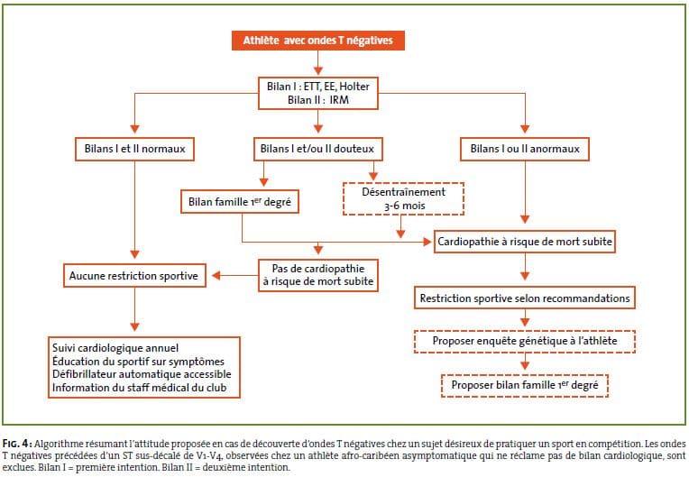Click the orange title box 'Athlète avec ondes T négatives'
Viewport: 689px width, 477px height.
pos(318,41)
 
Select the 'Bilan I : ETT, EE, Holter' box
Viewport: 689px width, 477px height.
pos(318,93)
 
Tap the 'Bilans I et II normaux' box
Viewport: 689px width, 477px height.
pos(135,149)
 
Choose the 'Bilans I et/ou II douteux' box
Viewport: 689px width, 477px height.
pos(317,149)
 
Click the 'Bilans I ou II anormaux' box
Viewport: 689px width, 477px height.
pos(525,149)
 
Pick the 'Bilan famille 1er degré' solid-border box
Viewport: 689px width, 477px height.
pos(240,202)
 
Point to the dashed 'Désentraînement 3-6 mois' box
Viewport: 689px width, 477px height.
pos(403,199)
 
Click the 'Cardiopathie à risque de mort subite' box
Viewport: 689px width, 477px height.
pos(525,242)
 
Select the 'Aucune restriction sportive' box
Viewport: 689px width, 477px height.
pos(134,276)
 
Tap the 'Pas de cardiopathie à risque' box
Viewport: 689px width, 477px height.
pos(318,275)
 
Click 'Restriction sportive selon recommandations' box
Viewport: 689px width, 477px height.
pos(525,298)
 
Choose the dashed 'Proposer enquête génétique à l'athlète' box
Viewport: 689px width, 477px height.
pos(525,341)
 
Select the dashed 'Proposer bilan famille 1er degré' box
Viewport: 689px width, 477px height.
pos(525,386)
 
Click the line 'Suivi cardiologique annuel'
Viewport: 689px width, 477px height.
pos(115,348)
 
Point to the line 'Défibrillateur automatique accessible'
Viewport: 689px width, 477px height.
pos(142,374)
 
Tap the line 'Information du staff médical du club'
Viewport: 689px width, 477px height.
pos(139,388)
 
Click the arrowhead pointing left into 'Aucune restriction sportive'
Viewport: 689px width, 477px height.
pos(216,276)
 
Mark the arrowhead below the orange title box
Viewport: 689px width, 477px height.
pos(318,70)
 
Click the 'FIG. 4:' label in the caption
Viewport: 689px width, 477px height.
pos(17,443)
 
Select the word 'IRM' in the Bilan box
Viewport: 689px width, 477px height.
pos(339,100)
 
